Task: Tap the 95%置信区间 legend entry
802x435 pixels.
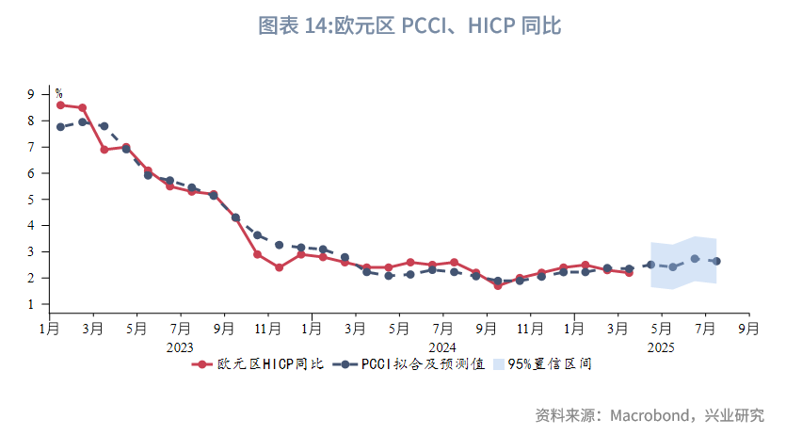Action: [550, 363]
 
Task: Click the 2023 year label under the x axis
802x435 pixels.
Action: [180, 346]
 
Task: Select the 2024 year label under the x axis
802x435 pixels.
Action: [442, 346]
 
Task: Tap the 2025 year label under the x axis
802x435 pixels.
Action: [662, 346]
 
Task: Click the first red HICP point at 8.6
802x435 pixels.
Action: [60, 105]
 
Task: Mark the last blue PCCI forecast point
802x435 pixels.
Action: [716, 262]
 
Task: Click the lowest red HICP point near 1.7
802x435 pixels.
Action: [497, 285]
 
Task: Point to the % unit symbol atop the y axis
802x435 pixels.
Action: [58, 93]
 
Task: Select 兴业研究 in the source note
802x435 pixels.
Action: [738, 415]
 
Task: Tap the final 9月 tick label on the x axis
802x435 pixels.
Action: [748, 329]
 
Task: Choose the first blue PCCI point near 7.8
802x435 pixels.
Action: [60, 127]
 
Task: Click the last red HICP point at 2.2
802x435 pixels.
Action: [629, 273]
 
